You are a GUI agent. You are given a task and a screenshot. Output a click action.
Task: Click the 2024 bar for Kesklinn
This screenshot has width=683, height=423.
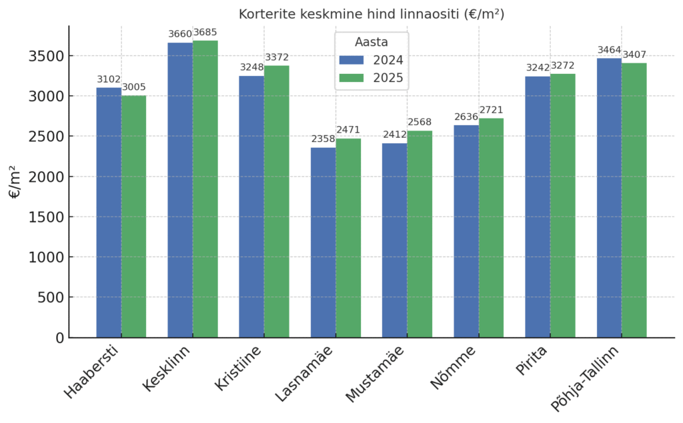coord(180,190)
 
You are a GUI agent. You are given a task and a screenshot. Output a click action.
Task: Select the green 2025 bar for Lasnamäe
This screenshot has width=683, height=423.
coord(348,238)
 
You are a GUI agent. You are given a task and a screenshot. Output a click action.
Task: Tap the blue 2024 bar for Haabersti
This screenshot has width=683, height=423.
coord(109,212)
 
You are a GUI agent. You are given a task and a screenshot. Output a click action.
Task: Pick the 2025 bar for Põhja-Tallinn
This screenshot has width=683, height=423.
coord(634,200)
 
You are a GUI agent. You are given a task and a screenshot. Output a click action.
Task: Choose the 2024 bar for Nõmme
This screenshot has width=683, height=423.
coord(466,231)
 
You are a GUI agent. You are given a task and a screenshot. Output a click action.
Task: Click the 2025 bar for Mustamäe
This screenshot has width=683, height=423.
coord(420,234)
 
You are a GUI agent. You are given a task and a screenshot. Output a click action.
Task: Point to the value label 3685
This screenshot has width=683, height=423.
coord(205,32)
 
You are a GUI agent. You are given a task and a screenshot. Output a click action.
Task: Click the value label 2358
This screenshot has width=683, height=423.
coord(323,139)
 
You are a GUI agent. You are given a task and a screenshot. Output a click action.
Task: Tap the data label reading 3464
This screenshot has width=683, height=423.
coord(609,50)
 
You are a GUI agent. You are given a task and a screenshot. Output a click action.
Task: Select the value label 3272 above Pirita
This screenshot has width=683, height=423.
coord(563,65)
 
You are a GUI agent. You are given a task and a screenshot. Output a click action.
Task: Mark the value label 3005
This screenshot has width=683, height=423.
coord(133,87)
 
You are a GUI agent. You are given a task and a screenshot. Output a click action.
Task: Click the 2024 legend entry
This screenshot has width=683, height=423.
coord(371,60)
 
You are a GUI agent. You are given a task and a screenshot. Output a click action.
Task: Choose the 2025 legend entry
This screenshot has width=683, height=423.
coord(371,78)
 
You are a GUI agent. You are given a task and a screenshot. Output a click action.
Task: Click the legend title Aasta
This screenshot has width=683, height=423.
coord(372,42)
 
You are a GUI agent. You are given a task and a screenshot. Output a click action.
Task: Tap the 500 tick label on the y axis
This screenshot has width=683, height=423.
coord(51,297)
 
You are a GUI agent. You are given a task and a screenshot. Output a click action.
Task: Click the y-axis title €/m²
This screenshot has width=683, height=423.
coord(15,182)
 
